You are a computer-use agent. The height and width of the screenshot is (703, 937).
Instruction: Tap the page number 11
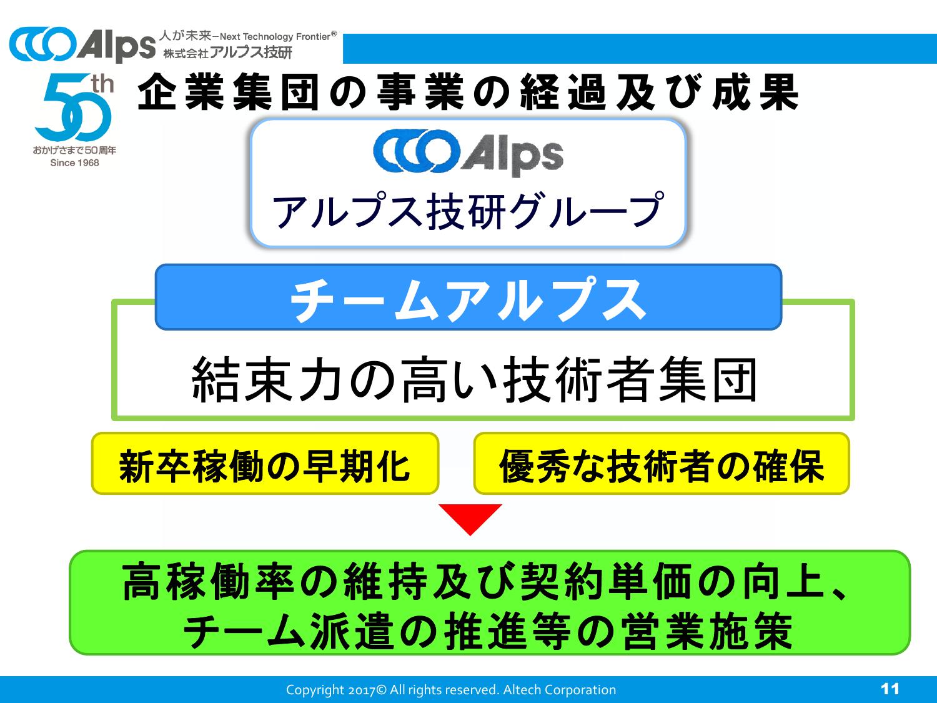pyautogui.click(x=890, y=689)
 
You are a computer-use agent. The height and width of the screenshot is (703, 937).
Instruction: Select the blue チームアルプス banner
pyautogui.click(x=468, y=297)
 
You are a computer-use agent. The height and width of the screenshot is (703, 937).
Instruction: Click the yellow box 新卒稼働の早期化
pyautogui.click(x=265, y=464)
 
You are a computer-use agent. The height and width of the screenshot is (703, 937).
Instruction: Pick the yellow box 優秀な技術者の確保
pyautogui.click(x=661, y=464)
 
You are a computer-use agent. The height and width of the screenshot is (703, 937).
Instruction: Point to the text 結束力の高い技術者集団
pyautogui.click(x=475, y=380)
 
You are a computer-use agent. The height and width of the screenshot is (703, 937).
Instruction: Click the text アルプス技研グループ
pyautogui.click(x=468, y=210)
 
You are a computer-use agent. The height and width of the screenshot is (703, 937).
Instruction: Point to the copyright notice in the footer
pyautogui.click(x=450, y=690)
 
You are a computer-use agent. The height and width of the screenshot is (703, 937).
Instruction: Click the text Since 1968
pyautogui.click(x=74, y=163)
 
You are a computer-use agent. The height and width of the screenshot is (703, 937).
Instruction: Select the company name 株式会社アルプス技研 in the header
pyautogui.click(x=227, y=52)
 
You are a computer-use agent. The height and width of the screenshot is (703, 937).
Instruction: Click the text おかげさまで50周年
pyautogui.click(x=74, y=151)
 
